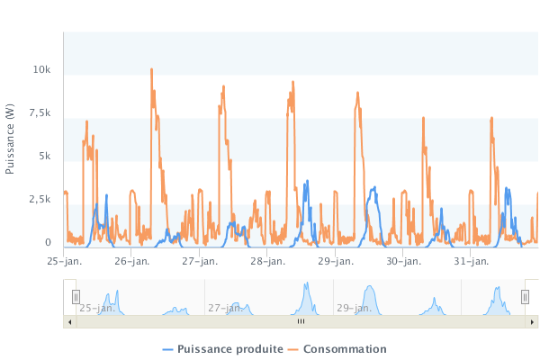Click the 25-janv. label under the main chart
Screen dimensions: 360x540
(x=64, y=262)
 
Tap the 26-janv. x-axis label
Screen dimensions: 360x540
(x=131, y=262)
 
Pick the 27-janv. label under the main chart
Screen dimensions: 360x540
(x=199, y=262)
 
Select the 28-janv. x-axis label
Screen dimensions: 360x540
(x=267, y=262)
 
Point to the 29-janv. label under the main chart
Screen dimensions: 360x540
(x=335, y=262)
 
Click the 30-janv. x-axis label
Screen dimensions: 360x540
(x=403, y=262)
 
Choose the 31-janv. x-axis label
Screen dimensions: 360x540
(x=471, y=262)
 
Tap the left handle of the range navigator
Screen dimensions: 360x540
(x=76, y=297)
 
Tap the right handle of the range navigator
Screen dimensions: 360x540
(x=526, y=297)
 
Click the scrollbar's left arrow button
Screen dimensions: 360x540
(x=68, y=321)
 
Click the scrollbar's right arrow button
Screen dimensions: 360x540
(x=533, y=321)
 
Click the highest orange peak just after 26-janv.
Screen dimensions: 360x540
(x=151, y=69)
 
